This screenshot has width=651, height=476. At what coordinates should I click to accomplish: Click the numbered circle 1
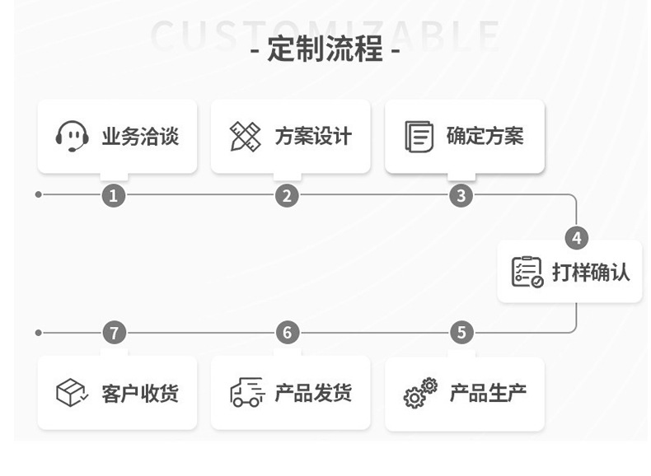point(114,195)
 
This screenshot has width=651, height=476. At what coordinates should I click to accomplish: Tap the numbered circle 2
point(287,195)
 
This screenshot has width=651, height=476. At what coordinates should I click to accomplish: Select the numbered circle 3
point(461,195)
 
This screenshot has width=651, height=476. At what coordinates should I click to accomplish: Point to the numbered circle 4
point(576,238)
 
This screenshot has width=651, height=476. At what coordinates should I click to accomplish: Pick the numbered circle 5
point(461,333)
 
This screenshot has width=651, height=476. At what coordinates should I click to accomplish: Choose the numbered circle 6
point(287,333)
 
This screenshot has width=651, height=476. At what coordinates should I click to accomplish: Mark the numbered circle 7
point(114,333)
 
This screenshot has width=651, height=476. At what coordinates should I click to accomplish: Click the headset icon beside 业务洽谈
point(73,137)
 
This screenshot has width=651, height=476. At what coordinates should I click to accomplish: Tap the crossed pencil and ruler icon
point(245,137)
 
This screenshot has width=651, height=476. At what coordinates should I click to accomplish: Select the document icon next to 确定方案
point(419,137)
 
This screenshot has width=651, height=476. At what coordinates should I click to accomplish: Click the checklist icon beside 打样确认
point(527,272)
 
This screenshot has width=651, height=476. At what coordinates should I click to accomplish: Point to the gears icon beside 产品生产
point(419,393)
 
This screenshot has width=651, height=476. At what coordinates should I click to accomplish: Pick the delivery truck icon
point(246,393)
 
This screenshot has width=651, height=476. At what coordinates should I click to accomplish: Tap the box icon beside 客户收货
point(73,393)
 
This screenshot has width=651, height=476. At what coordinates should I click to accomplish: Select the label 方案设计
point(313,137)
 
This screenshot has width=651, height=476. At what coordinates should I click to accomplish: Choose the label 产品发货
point(313,393)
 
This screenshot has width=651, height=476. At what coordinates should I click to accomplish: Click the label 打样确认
point(591,272)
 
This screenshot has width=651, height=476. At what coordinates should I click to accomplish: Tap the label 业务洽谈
point(140,137)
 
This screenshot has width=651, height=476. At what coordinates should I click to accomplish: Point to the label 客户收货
point(140,393)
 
